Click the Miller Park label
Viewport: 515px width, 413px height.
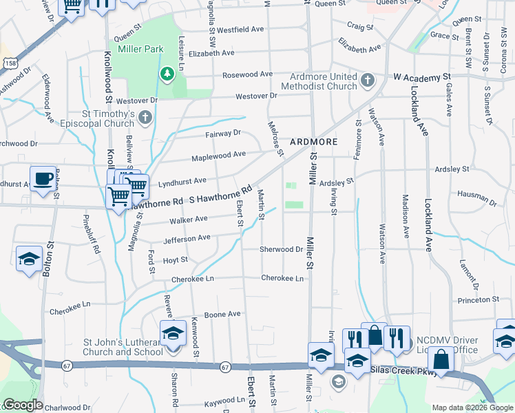pos(140,50)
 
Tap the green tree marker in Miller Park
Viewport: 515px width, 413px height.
pos(166,74)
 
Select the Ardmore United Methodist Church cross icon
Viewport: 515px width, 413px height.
pos(368,81)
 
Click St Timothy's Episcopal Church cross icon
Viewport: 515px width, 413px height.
pos(145,118)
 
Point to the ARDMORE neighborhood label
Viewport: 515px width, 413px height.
pos(313,141)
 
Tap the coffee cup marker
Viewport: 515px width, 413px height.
pos(43,180)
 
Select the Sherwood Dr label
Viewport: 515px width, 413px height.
pos(282,249)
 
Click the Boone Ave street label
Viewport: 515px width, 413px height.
pos(224,315)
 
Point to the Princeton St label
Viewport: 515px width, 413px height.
pos(478,300)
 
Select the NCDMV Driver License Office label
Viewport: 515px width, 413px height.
pos(447,345)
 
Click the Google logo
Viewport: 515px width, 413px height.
pos(22,405)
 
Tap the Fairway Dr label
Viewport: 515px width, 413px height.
pos(223,133)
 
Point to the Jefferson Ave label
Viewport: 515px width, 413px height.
pos(187,239)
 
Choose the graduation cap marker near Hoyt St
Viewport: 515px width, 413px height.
pos(29,259)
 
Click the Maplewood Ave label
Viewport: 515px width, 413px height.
pos(220,156)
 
